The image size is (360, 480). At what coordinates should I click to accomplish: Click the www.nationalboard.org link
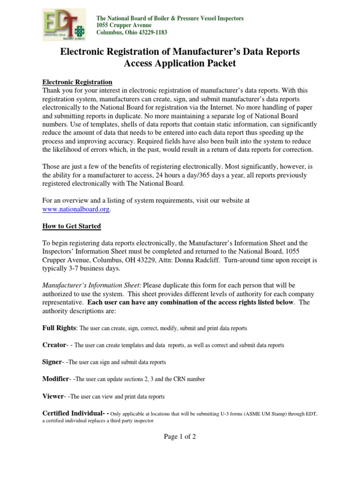pyautogui.click(x=76, y=210)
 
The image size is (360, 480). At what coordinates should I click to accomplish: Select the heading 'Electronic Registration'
pyautogui.click(x=77, y=82)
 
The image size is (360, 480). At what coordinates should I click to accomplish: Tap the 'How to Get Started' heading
pyautogui.click(x=72, y=226)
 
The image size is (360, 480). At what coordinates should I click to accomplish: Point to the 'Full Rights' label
pyautogui.click(x=59, y=328)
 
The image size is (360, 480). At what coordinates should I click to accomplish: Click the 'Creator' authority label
pyautogui.click(x=54, y=345)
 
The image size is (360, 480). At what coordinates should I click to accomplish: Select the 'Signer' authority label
pyautogui.click(x=52, y=362)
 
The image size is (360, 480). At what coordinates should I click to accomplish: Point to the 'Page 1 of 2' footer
pyautogui.click(x=180, y=436)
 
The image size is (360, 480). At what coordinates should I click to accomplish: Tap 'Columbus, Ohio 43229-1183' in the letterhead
pyautogui.click(x=132, y=32)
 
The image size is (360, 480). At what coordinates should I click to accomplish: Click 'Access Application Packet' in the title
pyautogui.click(x=180, y=63)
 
